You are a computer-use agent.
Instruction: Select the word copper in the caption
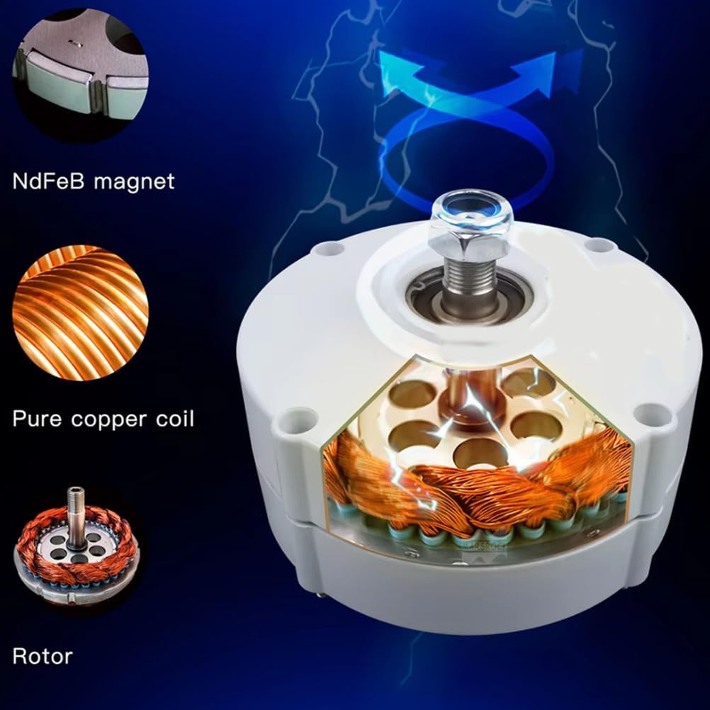[x=108, y=418]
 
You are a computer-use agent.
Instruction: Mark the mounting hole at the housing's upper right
[x=601, y=245]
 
